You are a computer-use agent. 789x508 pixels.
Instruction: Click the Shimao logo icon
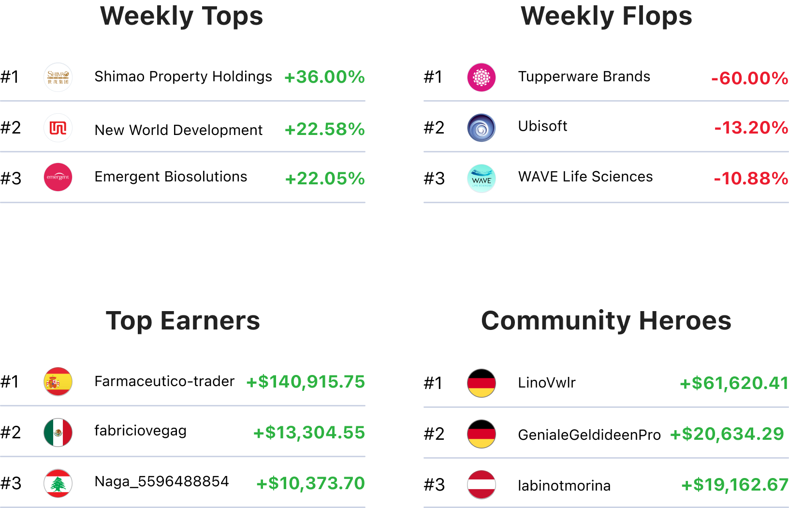(58, 77)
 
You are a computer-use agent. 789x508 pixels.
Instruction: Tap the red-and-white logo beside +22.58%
(58, 128)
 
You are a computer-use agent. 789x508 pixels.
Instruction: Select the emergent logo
(58, 177)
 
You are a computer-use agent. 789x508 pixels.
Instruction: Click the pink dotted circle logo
(482, 77)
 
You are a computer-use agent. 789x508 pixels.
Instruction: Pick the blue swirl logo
(482, 128)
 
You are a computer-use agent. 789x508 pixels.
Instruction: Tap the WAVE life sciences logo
(482, 179)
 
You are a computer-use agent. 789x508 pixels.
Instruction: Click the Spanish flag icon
(58, 382)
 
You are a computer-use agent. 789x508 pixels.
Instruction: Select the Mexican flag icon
(58, 433)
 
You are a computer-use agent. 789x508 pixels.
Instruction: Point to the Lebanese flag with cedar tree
(58, 483)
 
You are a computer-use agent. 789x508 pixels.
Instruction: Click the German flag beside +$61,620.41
(482, 383)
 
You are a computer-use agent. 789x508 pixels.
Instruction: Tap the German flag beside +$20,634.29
(482, 434)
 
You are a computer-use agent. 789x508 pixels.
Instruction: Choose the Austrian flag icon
(482, 484)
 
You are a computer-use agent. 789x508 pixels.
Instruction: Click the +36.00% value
(324, 77)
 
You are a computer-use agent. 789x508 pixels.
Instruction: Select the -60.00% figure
(749, 78)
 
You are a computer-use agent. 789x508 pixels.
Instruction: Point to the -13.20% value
(751, 128)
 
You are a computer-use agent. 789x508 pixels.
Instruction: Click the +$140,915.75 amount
(306, 382)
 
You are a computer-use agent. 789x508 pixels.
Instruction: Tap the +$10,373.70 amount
(310, 483)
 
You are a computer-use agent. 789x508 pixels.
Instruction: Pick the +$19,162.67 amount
(734, 484)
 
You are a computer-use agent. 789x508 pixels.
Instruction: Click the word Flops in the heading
(657, 16)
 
